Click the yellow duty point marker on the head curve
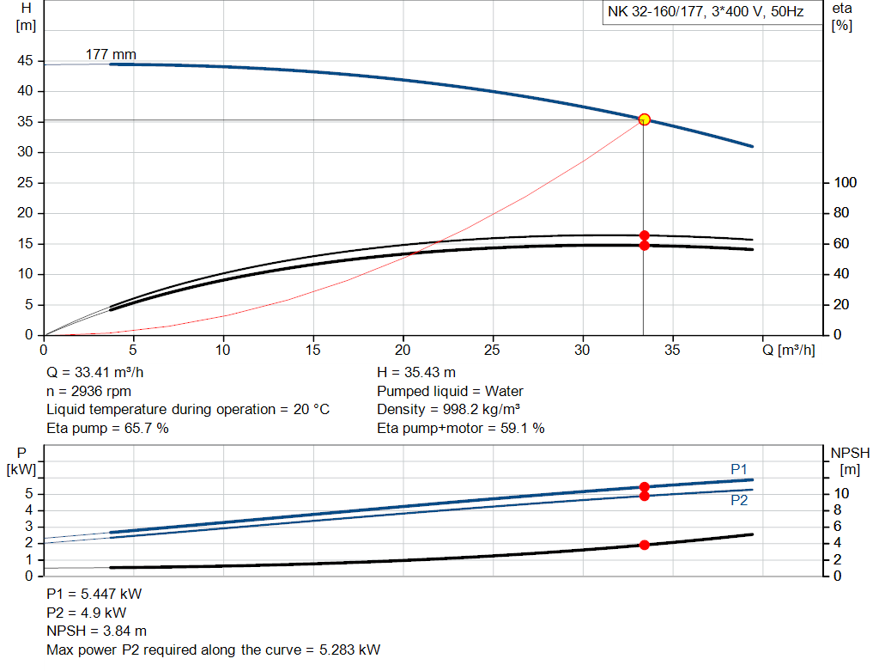[644, 119]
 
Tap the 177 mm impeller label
[111, 55]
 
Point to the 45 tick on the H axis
[24, 61]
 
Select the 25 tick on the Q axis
[493, 350]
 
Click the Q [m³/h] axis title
[788, 350]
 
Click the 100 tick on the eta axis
[846, 182]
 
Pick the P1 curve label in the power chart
[739, 468]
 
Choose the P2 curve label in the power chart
[739, 500]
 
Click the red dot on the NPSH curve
[644, 545]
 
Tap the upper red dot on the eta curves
[644, 235]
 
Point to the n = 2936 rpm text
[89, 391]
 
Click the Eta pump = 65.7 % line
[107, 428]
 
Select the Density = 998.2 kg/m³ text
[449, 409]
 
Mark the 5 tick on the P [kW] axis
[27, 493]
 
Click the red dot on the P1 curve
[644, 487]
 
